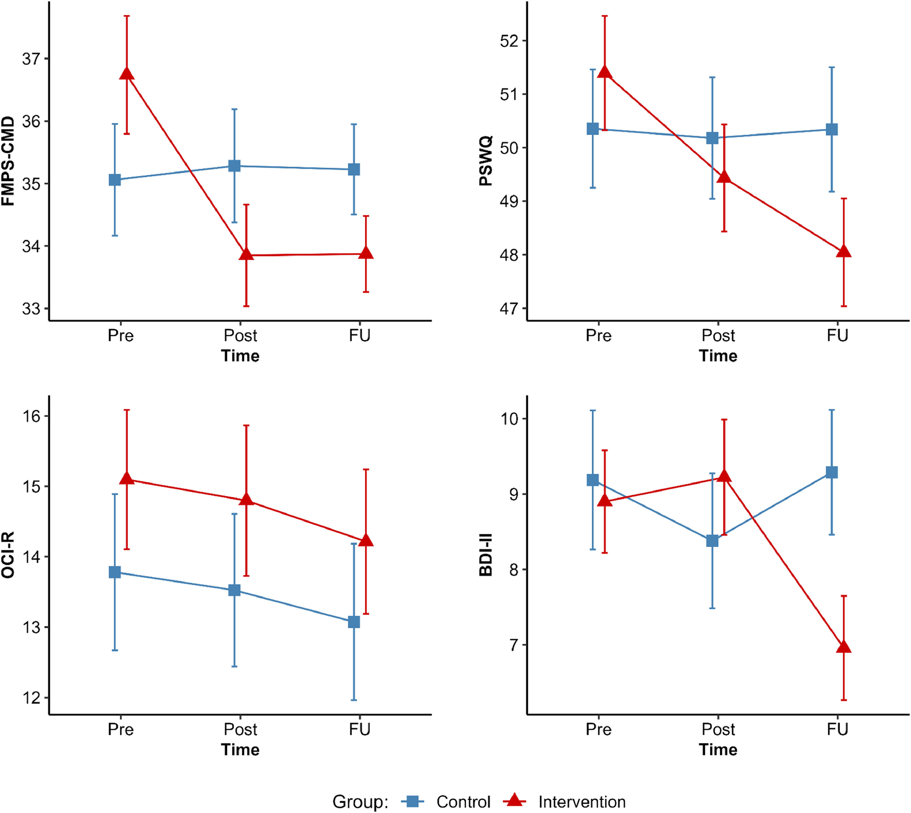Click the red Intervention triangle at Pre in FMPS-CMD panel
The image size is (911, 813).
coord(127,74)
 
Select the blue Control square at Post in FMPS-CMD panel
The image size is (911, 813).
coord(234,166)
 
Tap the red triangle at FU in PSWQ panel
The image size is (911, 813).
coord(844,252)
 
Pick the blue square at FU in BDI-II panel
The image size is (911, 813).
coord(831,472)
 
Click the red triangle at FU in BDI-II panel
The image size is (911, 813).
coord(844,647)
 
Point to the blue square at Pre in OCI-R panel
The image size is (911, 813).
coord(115,572)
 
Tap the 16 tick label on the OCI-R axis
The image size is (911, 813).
coord(31,416)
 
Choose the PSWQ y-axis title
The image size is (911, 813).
coord(486,161)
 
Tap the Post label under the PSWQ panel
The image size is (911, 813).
coord(718,335)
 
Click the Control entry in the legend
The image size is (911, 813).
coord(463,802)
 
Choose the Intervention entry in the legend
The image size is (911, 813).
coord(582,802)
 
